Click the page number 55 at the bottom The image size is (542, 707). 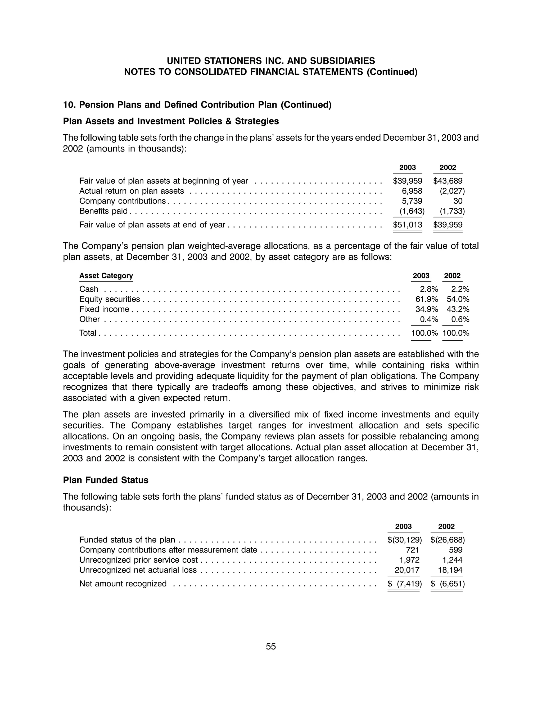click(271, 646)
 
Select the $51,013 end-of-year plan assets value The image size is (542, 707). click(408, 225)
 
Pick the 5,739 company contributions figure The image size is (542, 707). click(412, 201)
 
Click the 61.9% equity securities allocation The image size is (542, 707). click(427, 299)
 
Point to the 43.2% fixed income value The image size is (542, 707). click(458, 309)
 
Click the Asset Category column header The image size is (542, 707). click(106, 276)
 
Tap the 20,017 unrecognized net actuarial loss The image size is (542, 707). click(407, 570)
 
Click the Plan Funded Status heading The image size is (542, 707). click(106, 480)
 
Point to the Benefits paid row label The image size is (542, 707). click(103, 211)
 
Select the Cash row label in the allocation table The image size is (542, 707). click(89, 289)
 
